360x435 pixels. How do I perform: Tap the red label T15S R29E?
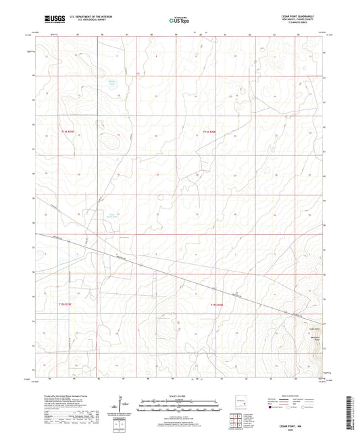tap(63, 305)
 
